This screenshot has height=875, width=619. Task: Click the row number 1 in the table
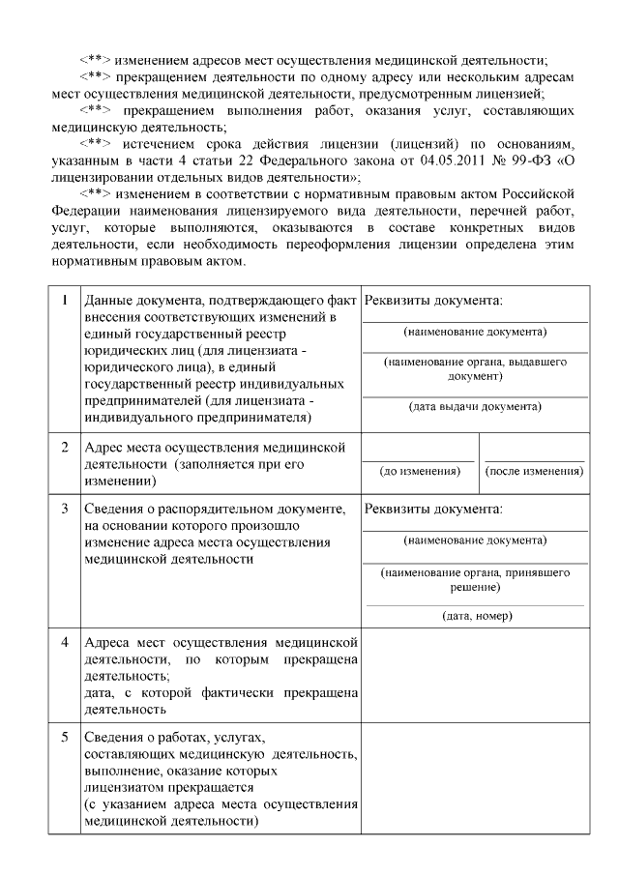[64, 300]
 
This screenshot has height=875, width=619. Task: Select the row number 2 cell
[64, 448]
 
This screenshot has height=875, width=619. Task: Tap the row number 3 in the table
[64, 508]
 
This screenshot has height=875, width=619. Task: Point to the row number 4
[64, 642]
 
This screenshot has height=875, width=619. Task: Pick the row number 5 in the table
[64, 737]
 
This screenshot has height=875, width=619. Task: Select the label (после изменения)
[534, 471]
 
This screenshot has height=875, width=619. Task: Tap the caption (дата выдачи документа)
[474, 406]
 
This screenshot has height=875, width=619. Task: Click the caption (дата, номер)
[476, 615]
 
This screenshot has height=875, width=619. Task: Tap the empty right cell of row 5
[475, 777]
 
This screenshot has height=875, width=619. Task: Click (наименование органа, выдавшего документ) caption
[474, 368]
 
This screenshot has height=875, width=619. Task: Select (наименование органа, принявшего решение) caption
[474, 579]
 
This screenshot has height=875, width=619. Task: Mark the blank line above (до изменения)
[420, 459]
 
